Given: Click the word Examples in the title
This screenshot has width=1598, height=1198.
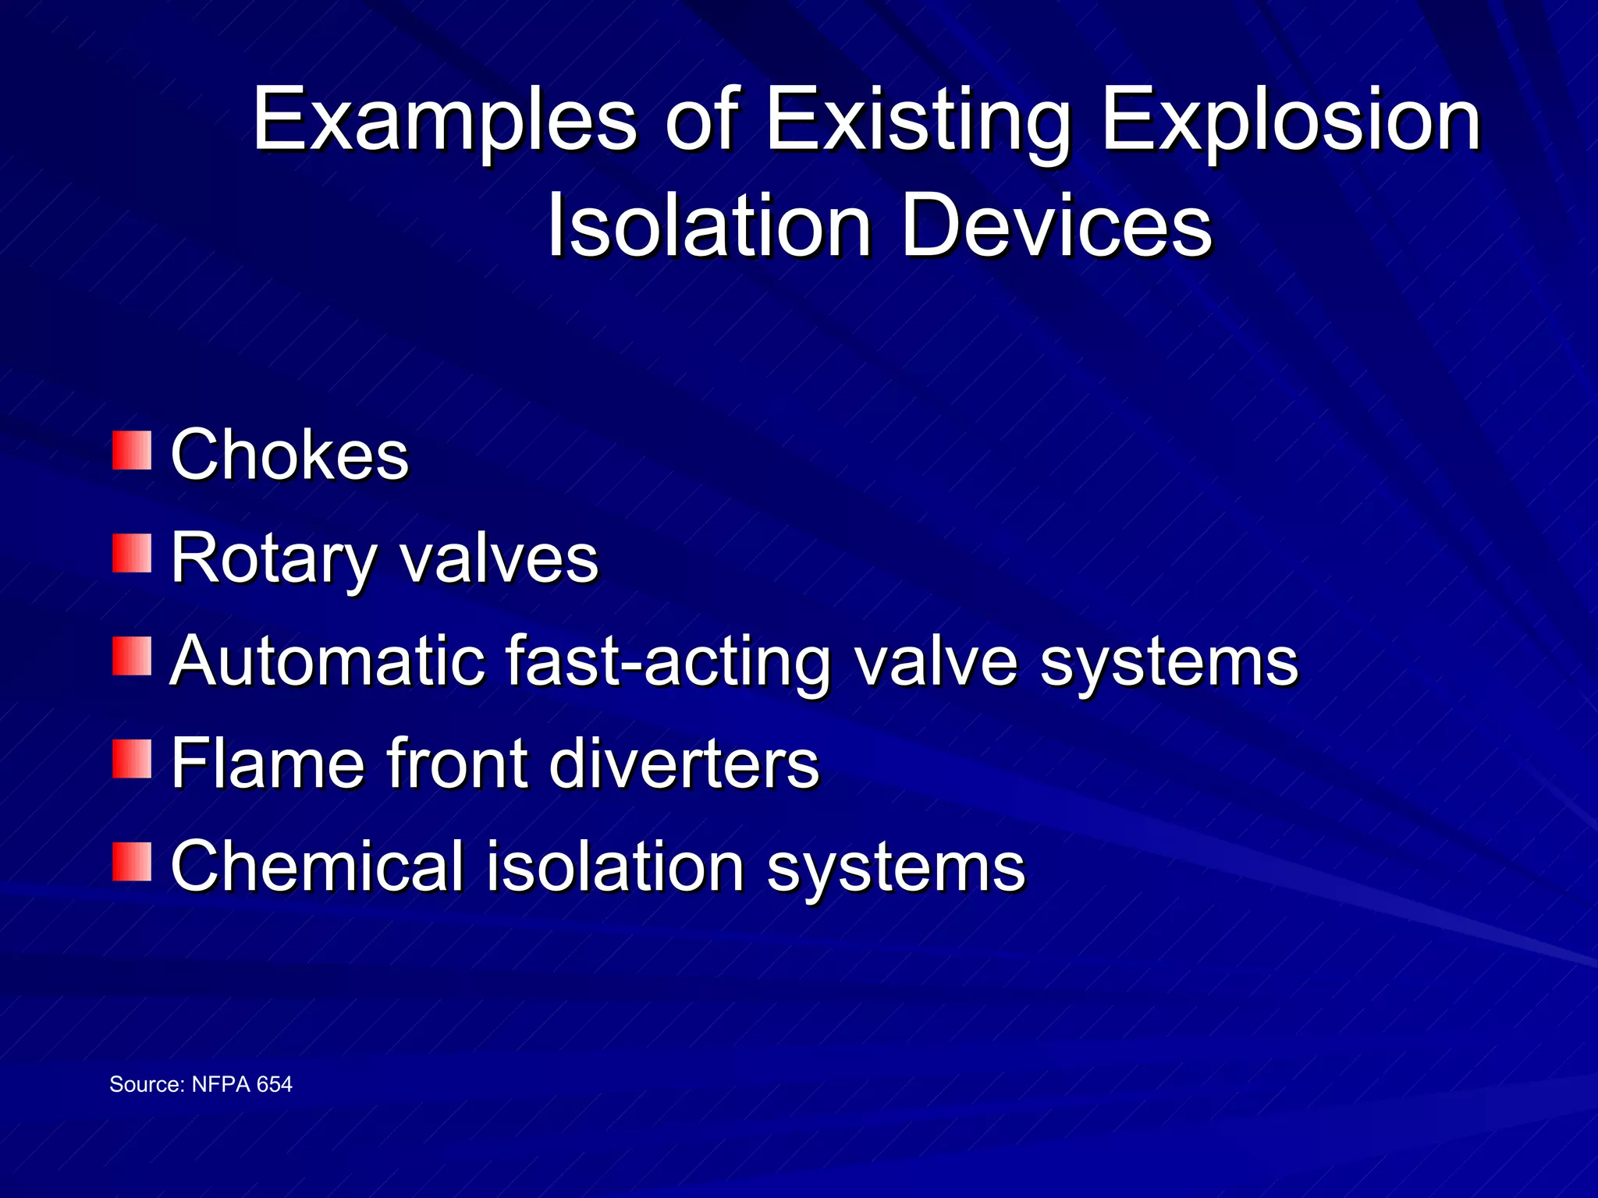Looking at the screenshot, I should [445, 121].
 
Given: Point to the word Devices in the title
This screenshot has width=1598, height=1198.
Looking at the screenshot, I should [1057, 226].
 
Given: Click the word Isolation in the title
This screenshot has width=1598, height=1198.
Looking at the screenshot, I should [708, 226].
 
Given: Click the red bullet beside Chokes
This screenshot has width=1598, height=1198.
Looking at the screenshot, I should [131, 451].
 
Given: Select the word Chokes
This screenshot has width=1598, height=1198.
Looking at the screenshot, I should [289, 455].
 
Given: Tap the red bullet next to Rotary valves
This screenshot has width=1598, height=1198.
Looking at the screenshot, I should [131, 553].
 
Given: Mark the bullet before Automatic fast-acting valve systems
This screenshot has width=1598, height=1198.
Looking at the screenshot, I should [131, 656].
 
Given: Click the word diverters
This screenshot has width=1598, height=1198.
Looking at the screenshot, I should [684, 764].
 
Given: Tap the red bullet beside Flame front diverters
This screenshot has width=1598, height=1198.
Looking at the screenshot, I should [131, 759].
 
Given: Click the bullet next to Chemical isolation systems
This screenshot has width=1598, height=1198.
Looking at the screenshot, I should [131, 862].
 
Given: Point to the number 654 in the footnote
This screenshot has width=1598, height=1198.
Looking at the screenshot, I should [274, 1084].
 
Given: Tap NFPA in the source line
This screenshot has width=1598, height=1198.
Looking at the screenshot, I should [221, 1084].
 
